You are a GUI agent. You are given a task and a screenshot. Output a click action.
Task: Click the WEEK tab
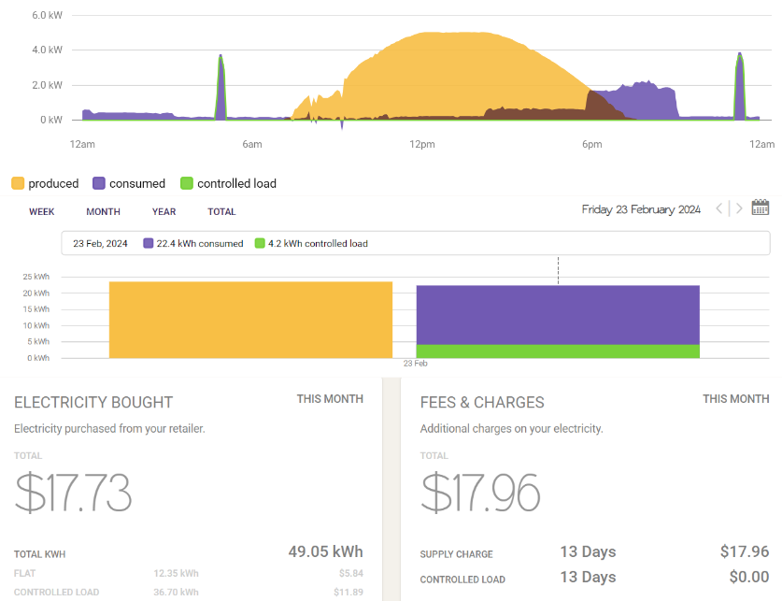tap(41, 212)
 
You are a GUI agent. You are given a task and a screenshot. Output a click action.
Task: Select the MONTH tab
tap(103, 212)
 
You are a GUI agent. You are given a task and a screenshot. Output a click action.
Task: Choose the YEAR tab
tap(164, 212)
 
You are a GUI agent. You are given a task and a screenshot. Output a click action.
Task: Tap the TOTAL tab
tap(221, 212)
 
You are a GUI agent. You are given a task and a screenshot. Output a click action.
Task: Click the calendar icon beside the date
tap(760, 208)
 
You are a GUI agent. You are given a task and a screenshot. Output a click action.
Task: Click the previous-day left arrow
tap(718, 209)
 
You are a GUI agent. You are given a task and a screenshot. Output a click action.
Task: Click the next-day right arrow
tap(739, 209)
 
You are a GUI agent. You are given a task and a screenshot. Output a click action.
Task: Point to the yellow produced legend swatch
tap(18, 184)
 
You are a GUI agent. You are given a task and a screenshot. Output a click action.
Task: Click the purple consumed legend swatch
tap(99, 184)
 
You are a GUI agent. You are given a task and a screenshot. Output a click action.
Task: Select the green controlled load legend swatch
tap(187, 184)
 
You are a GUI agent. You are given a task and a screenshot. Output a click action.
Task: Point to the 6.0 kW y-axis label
tap(47, 16)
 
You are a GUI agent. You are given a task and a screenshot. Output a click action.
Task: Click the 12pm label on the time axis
tap(421, 144)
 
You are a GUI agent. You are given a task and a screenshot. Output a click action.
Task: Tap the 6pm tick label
tap(591, 144)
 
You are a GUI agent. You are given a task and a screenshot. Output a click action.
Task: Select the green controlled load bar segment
tap(558, 351)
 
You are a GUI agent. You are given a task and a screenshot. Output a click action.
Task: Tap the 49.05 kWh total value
tap(325, 551)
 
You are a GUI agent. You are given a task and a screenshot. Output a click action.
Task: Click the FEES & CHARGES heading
tap(482, 403)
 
